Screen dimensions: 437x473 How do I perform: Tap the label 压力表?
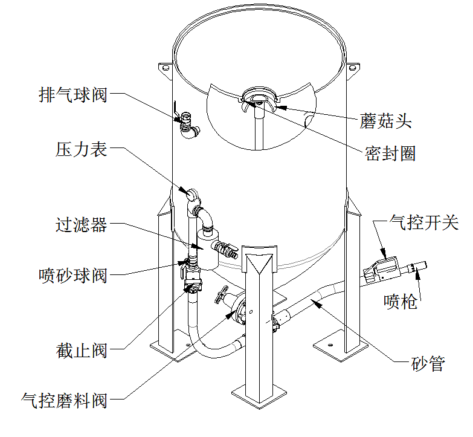[81, 149]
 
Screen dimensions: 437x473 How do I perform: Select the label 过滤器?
[81, 225]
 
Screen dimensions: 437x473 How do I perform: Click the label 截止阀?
[81, 349]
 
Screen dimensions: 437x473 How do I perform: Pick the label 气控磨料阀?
[64, 400]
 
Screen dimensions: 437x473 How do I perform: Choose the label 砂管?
[428, 364]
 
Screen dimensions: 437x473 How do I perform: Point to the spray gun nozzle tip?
[420, 264]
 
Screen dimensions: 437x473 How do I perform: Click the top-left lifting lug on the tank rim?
[164, 68]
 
